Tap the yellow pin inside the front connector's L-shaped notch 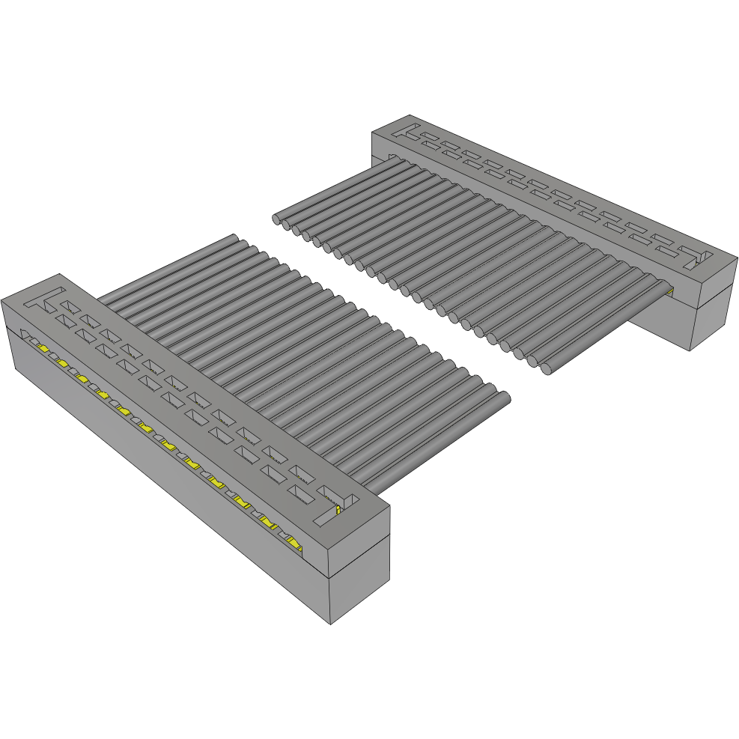tap(338, 509)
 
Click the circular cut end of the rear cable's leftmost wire tap(277, 219)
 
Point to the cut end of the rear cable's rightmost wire tap(548, 368)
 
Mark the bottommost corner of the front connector tap(330, 624)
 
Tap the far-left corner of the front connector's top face tap(2, 299)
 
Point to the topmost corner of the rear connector tap(411, 115)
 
